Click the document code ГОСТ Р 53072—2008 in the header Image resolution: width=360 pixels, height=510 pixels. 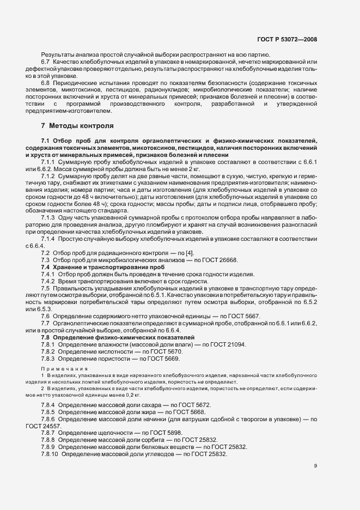pyautogui.click(x=286, y=39)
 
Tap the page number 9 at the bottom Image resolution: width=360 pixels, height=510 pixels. pyautogui.click(x=315, y=465)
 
